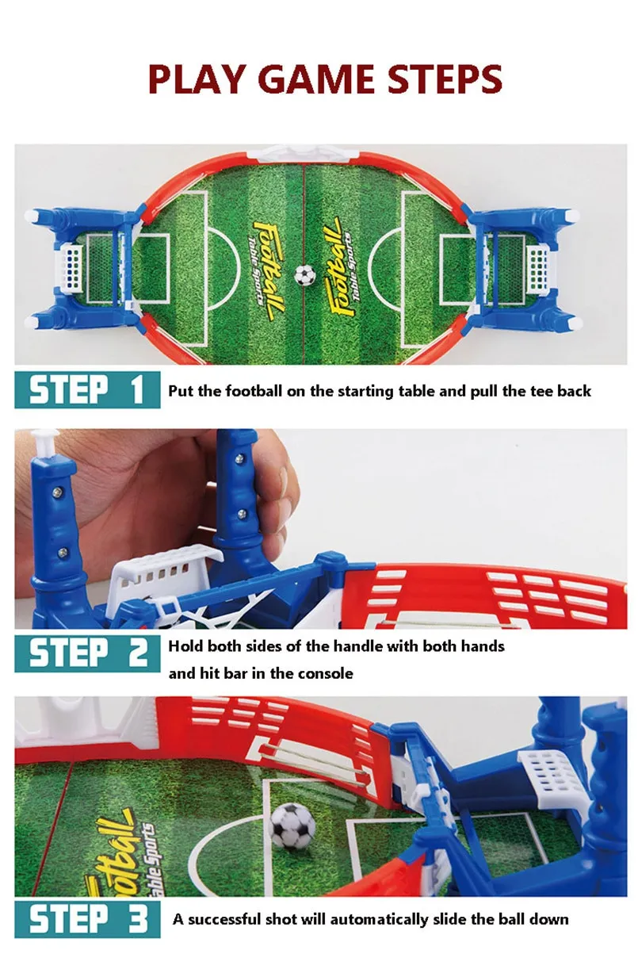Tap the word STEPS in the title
coord(445,79)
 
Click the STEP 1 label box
coord(87,389)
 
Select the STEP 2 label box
coord(87,653)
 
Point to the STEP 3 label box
coord(87,920)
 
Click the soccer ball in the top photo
coord(304,275)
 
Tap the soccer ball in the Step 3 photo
coord(292,826)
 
